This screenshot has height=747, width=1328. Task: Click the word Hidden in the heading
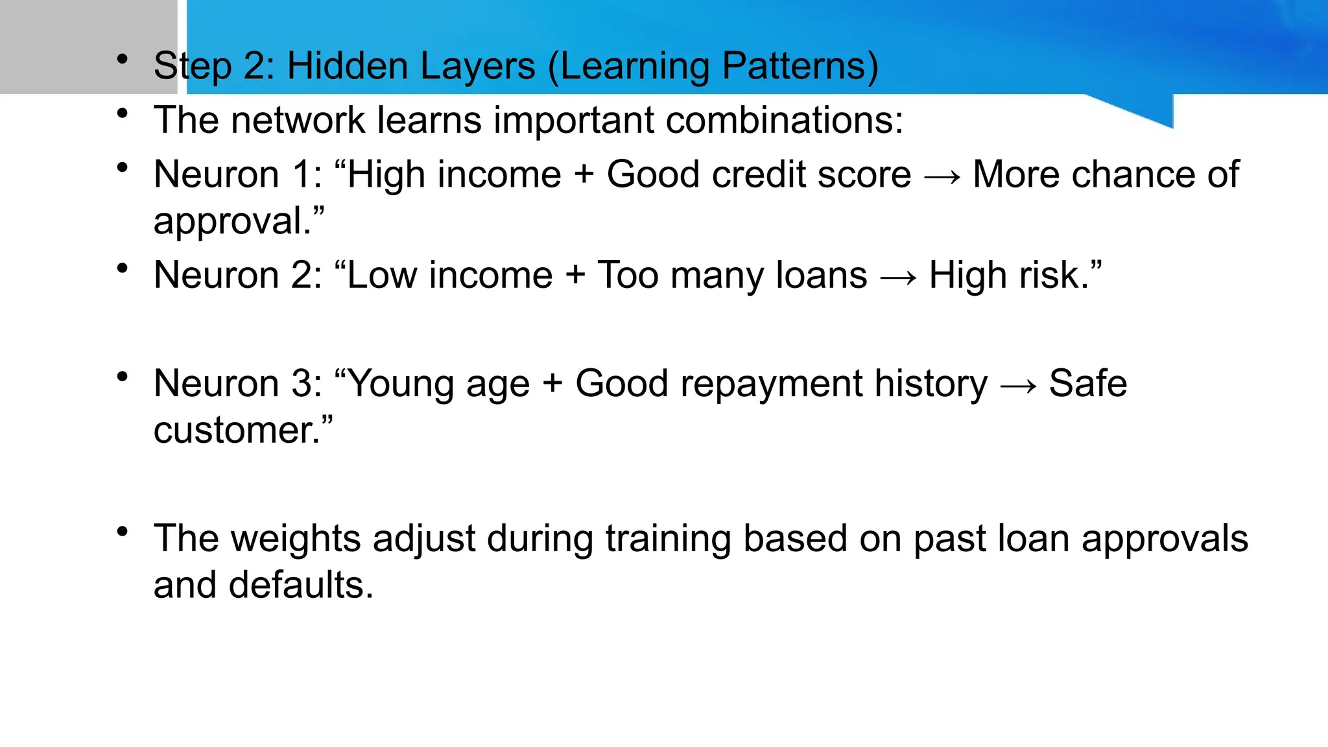[x=346, y=66]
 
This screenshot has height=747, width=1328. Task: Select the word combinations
[x=784, y=121]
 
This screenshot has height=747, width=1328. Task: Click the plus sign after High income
[x=584, y=175]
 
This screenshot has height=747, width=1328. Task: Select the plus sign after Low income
[x=575, y=276]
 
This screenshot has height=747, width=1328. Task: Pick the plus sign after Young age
[x=552, y=384]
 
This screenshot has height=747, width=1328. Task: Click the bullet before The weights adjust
[x=122, y=532]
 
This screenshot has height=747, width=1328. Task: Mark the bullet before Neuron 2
[x=122, y=268]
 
